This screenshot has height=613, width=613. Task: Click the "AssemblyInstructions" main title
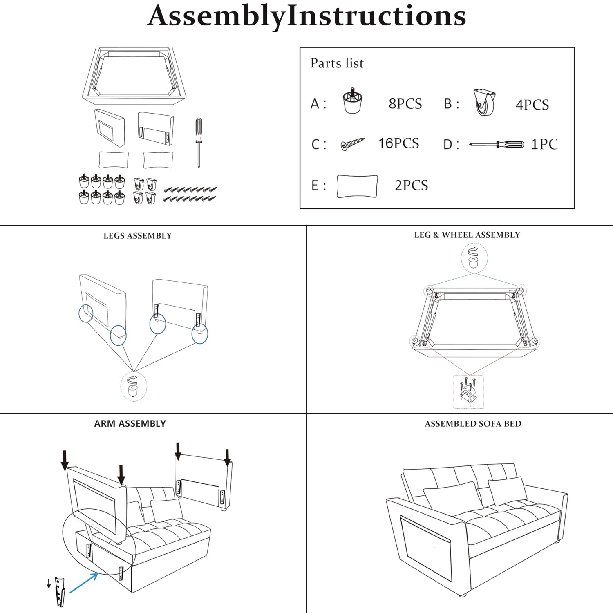(306, 16)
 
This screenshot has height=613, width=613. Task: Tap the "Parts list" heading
(337, 63)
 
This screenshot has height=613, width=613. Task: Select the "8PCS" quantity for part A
(405, 104)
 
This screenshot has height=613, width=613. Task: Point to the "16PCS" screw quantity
(398, 143)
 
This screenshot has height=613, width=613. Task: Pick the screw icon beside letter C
(352, 144)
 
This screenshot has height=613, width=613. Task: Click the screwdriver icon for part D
(497, 144)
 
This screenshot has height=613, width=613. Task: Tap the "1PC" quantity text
(544, 144)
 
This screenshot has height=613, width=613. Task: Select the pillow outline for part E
(357, 186)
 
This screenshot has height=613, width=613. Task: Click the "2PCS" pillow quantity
(411, 186)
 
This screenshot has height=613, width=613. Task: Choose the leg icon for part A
(352, 101)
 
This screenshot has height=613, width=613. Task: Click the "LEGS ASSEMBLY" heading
(137, 236)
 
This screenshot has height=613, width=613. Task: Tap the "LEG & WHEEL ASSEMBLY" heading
(467, 235)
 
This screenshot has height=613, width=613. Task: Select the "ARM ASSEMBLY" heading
(130, 424)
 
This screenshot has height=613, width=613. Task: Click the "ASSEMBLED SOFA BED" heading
(473, 424)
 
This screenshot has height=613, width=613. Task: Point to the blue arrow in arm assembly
(84, 583)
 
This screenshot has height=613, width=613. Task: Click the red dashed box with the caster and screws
(468, 392)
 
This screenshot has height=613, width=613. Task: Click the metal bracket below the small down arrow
(60, 591)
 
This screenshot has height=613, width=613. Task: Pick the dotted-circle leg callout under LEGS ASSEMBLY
(133, 387)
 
